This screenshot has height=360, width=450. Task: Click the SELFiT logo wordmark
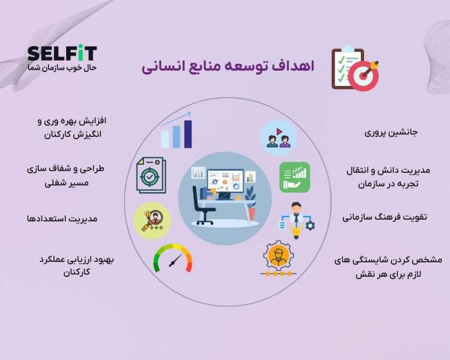tap(62, 53)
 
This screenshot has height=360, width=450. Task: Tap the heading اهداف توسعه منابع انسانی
tap(228, 67)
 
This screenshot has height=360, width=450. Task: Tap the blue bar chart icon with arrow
tap(177, 130)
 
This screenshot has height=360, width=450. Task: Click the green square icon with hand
tap(294, 177)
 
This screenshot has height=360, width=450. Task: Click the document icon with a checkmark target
tap(151, 175)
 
